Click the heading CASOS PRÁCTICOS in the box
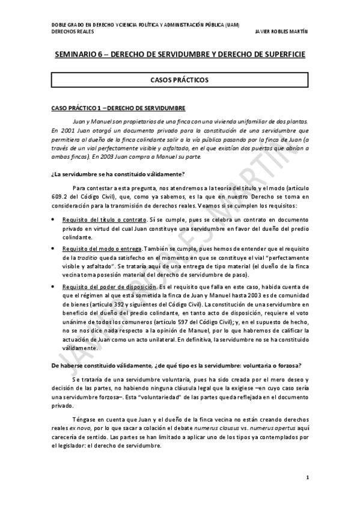[x=180, y=79]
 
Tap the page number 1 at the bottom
[x=307, y=478]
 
